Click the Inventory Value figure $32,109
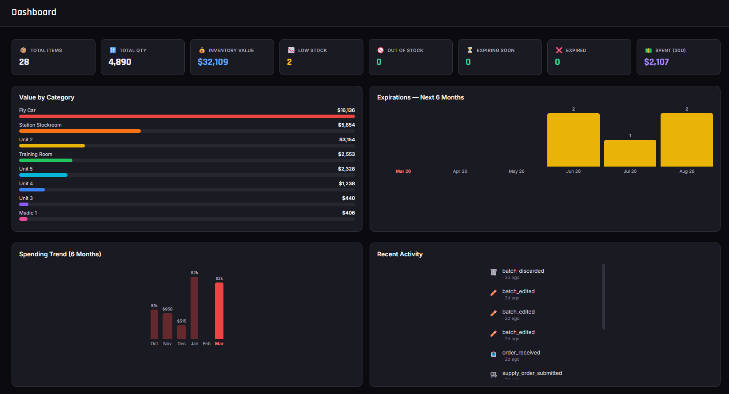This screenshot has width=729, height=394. coord(213,62)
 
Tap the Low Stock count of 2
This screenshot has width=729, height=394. coord(289,62)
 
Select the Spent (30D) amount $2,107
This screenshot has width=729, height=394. coord(656,62)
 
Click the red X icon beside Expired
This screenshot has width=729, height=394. coord(559,50)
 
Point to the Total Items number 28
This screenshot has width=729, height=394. coord(24,62)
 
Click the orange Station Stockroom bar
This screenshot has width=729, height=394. coord(80,131)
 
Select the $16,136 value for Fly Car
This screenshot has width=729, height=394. coord(346,110)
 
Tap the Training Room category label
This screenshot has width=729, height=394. coord(36,154)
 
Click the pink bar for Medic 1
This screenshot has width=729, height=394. coord(23,219)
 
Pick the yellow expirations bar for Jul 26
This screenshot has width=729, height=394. coord(630,153)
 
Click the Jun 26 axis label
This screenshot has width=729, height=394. coord(573,171)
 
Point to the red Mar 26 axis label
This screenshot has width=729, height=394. coord(403,171)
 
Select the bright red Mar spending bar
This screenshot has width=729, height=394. coord(219,311)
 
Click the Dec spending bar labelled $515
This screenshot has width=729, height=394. coord(181,332)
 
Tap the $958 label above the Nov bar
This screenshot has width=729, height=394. coord(167,309)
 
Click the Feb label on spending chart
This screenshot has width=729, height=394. coord(207,344)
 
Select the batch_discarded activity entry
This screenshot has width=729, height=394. coord(523,271)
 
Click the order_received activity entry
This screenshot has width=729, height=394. coord(521,353)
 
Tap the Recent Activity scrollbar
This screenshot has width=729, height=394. coord(603,297)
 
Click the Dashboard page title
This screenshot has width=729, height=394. coord(34,12)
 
